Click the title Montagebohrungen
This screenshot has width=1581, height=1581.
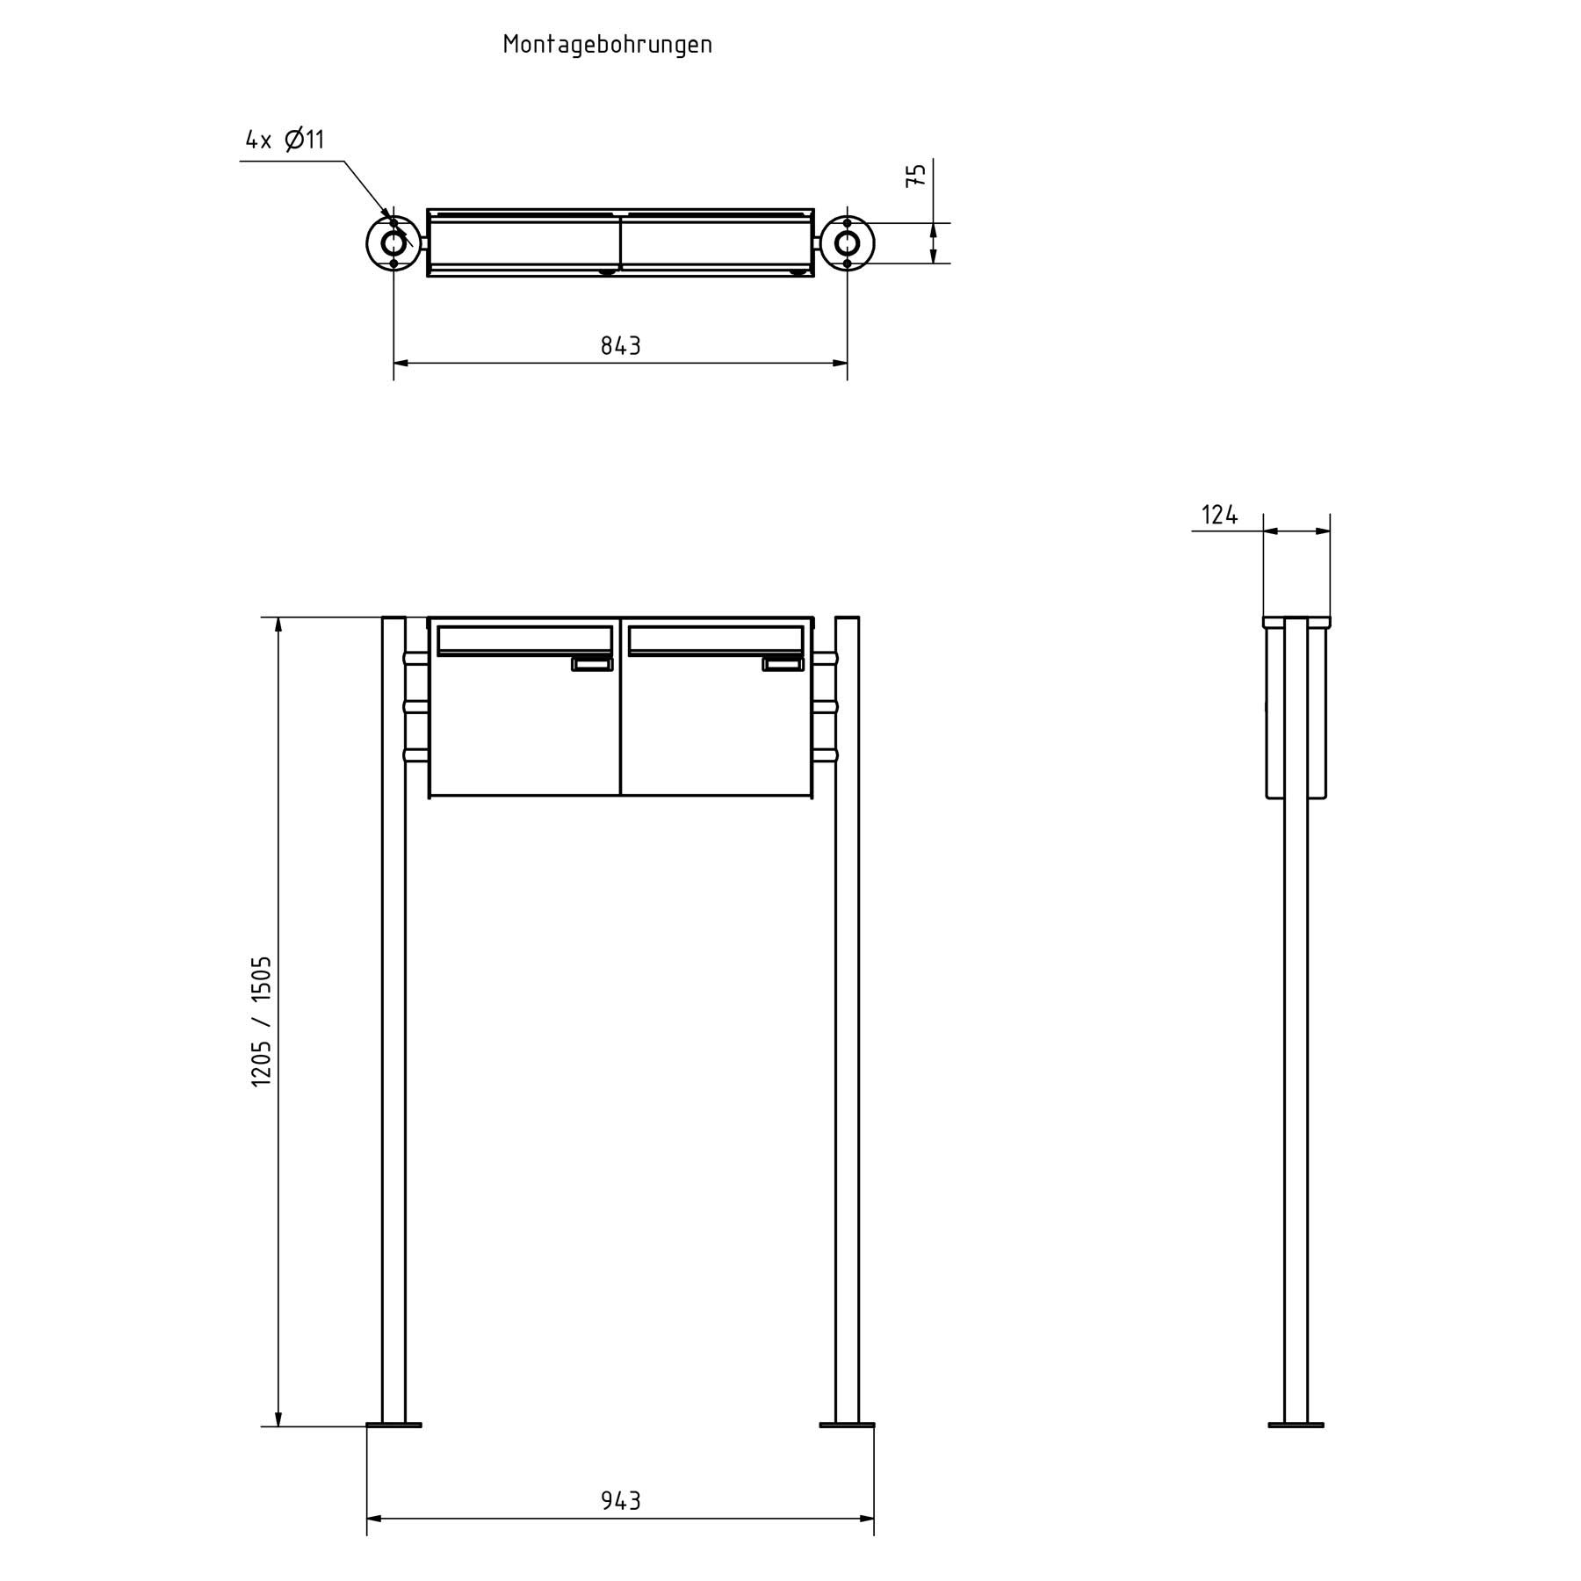[607, 45]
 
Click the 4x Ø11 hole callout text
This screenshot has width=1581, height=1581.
[285, 140]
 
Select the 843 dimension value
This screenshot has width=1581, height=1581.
[620, 346]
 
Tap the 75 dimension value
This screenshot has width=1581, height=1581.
[915, 175]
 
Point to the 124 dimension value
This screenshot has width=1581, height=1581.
[1219, 516]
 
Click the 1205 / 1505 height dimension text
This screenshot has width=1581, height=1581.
[262, 1022]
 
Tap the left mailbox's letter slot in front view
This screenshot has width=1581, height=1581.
[524, 639]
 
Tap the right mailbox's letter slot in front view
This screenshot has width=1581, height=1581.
[716, 639]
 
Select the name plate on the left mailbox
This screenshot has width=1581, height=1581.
[592, 665]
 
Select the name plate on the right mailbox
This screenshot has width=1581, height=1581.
[783, 665]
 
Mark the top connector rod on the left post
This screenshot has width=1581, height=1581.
[415, 658]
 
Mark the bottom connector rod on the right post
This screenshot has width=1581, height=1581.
[825, 755]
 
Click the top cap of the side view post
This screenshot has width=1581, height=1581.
[1296, 622]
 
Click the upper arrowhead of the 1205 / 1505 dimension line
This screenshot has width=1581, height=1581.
[278, 625]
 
